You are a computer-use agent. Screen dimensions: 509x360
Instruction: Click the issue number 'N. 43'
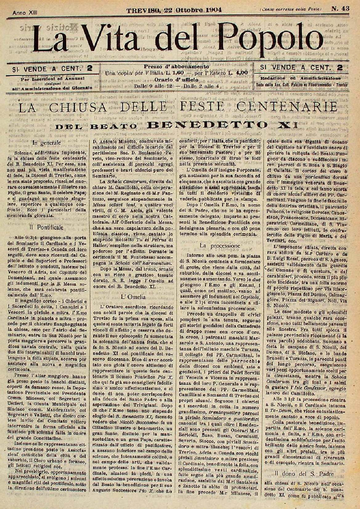pyautogui.click(x=340, y=9)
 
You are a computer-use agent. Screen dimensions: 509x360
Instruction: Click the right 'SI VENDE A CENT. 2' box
pyautogui.click(x=301, y=67)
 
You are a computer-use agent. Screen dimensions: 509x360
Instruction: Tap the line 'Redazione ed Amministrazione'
pyautogui.click(x=301, y=78)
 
